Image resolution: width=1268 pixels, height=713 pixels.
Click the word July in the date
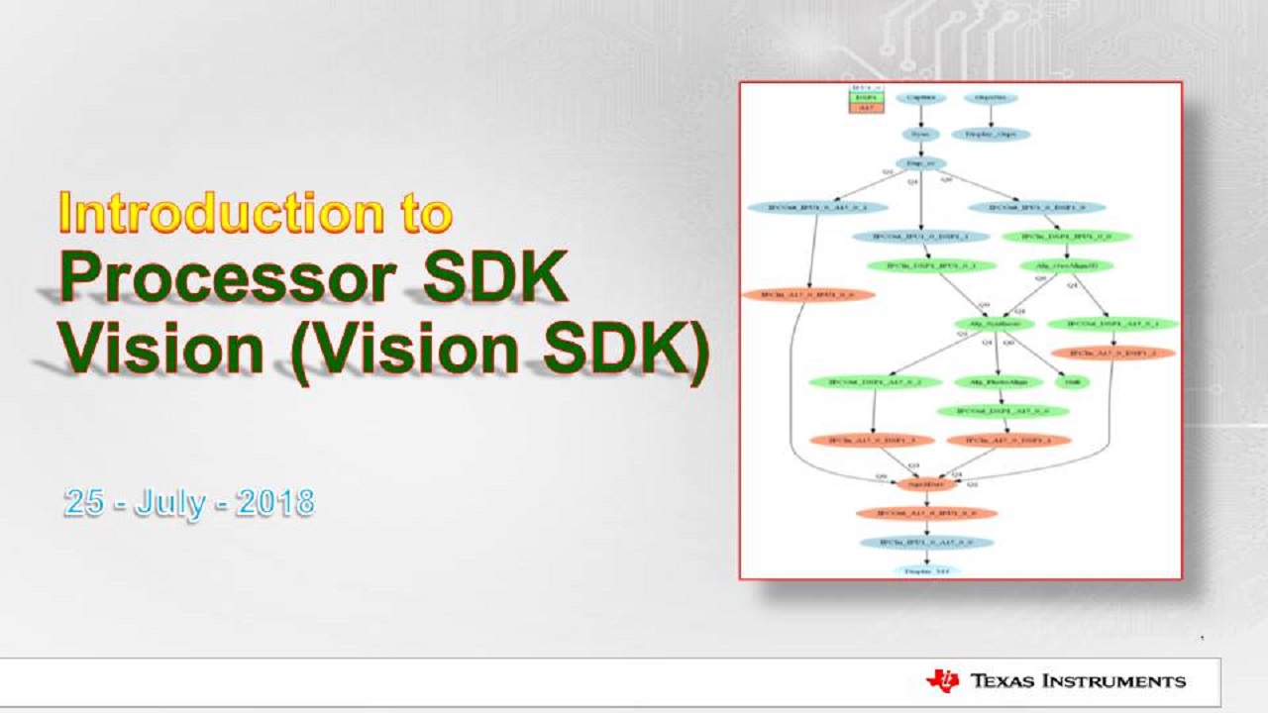(169, 502)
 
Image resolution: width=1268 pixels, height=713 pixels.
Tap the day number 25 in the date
(84, 502)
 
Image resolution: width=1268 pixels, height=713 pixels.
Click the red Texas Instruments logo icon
(942, 680)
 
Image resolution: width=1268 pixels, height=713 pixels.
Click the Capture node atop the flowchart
(921, 98)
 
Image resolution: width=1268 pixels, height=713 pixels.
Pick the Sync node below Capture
(921, 134)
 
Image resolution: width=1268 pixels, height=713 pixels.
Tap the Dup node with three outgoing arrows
(921, 163)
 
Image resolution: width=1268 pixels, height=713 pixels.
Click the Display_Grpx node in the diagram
(991, 134)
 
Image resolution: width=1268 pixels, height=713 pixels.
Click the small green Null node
(1072, 381)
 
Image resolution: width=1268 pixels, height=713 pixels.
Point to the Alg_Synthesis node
(994, 324)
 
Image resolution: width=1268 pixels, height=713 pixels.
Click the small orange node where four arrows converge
(926, 484)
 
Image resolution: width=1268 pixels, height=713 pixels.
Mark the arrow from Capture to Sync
(921, 116)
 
